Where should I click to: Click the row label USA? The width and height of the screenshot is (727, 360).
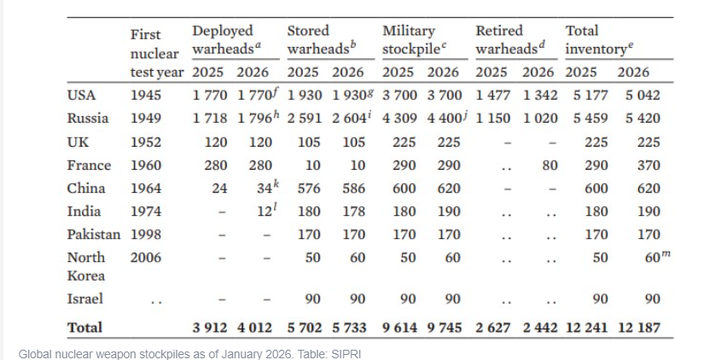pos(81,96)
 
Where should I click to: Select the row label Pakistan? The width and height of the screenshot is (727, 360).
pos(94,235)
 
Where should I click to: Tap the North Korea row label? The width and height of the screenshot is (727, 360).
pos(86,266)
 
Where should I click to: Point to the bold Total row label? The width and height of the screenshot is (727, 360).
pos(84,328)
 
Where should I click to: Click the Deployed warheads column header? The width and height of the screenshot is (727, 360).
pos(227,40)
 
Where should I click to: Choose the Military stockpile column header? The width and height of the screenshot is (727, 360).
pos(415,40)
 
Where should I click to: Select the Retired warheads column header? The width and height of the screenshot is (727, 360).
pos(510,40)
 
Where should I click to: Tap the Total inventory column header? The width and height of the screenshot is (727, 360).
pos(599,40)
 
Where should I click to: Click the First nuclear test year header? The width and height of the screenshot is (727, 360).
pos(157,53)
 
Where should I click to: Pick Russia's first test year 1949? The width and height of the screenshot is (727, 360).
pos(146,119)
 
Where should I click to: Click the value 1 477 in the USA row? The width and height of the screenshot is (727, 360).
pos(493,96)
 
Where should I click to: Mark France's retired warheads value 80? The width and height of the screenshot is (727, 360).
pos(550,165)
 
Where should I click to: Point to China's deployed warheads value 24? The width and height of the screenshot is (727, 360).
pos(219,189)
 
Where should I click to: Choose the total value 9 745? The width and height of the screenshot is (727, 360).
pos(445,328)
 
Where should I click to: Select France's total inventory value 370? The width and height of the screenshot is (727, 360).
pos(648,165)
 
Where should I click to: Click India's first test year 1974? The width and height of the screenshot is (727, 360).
pos(146,212)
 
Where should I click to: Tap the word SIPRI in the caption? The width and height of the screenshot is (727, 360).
pos(346,354)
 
